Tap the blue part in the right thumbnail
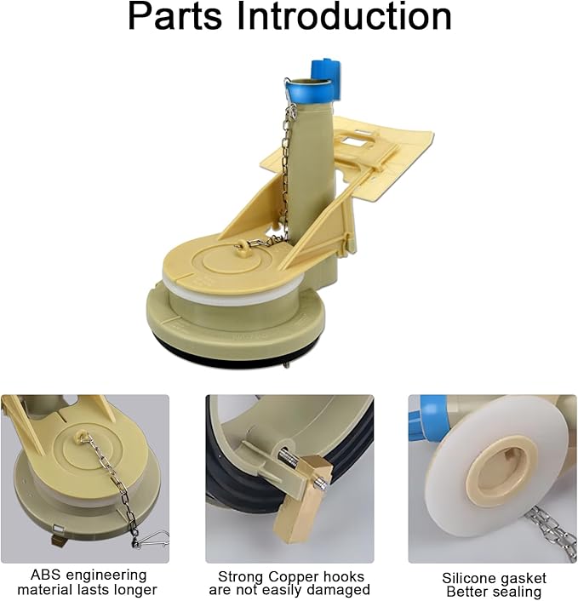click(x=425, y=421)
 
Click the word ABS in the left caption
click(x=46, y=575)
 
